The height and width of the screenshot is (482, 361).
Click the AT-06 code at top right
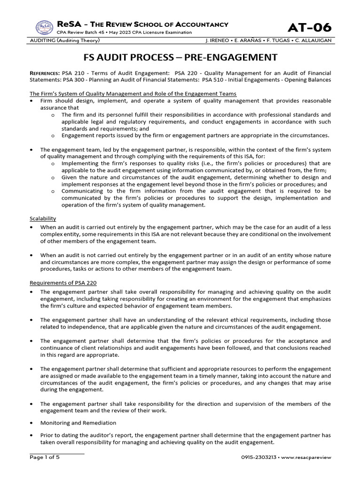pyautogui.click(x=310, y=28)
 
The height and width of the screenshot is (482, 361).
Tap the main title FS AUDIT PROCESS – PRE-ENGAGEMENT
pyautogui.click(x=180, y=57)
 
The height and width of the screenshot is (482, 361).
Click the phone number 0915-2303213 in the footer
pyautogui.click(x=258, y=458)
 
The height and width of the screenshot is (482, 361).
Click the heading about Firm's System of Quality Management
pyautogui.click(x=133, y=94)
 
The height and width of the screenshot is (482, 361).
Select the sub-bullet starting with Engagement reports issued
pyautogui.click(x=195, y=136)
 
